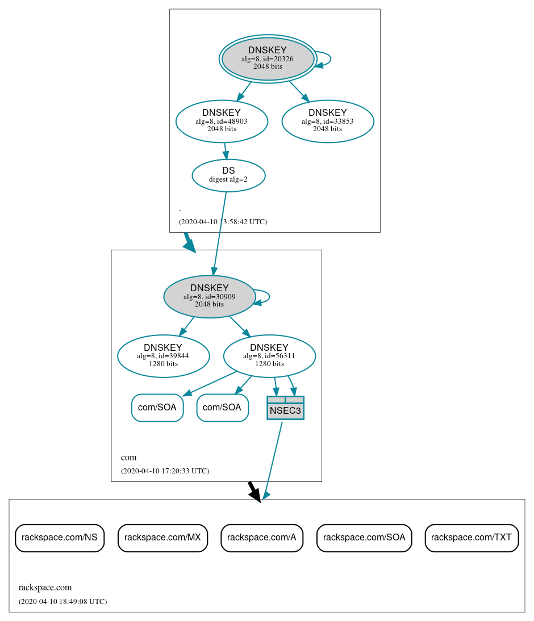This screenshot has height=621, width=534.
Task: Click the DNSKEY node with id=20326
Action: coord(268,58)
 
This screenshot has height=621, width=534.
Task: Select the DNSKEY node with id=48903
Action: coord(222,121)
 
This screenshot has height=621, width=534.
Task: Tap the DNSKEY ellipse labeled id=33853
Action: coord(327,121)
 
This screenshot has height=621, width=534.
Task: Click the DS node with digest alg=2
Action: coord(228,175)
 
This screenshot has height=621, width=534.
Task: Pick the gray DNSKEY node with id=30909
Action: coord(209,296)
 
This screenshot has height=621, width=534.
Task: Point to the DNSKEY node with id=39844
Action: coord(163,356)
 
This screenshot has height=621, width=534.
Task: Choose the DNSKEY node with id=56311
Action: coord(269,356)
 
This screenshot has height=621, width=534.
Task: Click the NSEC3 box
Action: coord(285,408)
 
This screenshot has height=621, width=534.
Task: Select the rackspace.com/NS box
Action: coord(60,538)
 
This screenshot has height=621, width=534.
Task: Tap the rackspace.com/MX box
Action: coord(162,538)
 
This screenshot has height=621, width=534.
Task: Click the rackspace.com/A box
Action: coord(262,538)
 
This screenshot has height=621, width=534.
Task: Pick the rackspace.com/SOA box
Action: coord(364,538)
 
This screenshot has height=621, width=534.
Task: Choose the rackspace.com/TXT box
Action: coord(472,538)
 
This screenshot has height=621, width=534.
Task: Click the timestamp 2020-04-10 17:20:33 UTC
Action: coord(165,471)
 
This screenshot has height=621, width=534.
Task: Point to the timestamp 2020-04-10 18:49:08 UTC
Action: coord(62,601)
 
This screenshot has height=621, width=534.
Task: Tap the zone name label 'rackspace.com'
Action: coord(45,588)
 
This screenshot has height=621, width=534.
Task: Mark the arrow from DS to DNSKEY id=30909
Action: coord(220,233)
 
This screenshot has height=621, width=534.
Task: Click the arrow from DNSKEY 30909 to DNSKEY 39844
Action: coord(187,326)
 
